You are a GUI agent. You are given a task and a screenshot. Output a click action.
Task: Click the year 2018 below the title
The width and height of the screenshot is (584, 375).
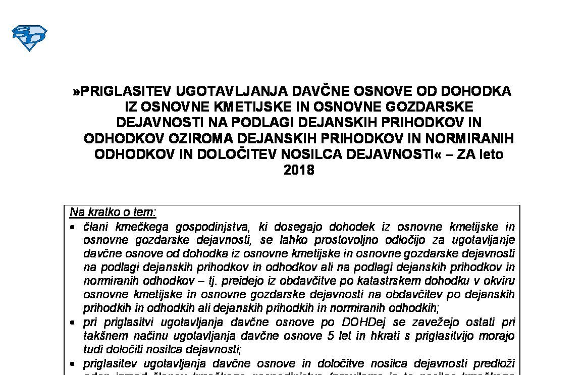pyautogui.click(x=299, y=170)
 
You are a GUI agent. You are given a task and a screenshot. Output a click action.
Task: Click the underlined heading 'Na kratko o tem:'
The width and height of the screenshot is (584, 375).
pyautogui.click(x=113, y=212)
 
